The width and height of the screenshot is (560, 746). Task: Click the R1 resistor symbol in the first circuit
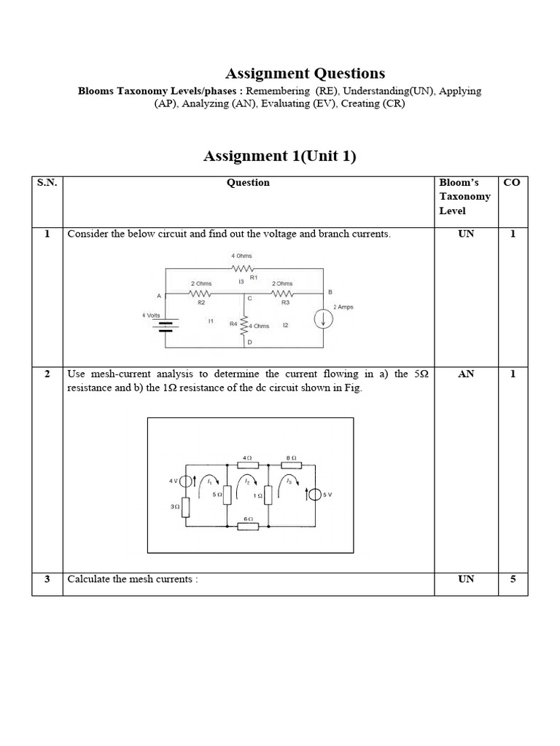pos(242,268)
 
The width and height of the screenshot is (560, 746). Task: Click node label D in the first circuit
pos(249,342)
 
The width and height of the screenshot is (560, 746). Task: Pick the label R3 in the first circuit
pos(285,302)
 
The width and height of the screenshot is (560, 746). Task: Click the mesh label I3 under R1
pos(241,281)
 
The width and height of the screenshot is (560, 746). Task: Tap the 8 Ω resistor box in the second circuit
pos(290,464)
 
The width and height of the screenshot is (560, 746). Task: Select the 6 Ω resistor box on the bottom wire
pos(248,526)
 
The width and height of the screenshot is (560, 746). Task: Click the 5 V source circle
pos(314,495)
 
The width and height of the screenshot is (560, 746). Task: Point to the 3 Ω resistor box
pos(187,506)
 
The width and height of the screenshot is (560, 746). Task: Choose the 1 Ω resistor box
pos(268,495)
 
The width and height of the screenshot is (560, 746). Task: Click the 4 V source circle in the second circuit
pos(187,481)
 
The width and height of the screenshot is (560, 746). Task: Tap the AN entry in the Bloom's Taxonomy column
pos(466,374)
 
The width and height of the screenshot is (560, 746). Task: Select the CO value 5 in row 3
pos(513,579)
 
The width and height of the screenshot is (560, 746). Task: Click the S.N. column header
pos(47,183)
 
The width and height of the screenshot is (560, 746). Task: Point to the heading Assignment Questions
pos(305,73)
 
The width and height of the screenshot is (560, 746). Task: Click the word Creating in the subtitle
pos(381,103)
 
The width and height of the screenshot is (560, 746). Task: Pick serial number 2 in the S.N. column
pos(47,374)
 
